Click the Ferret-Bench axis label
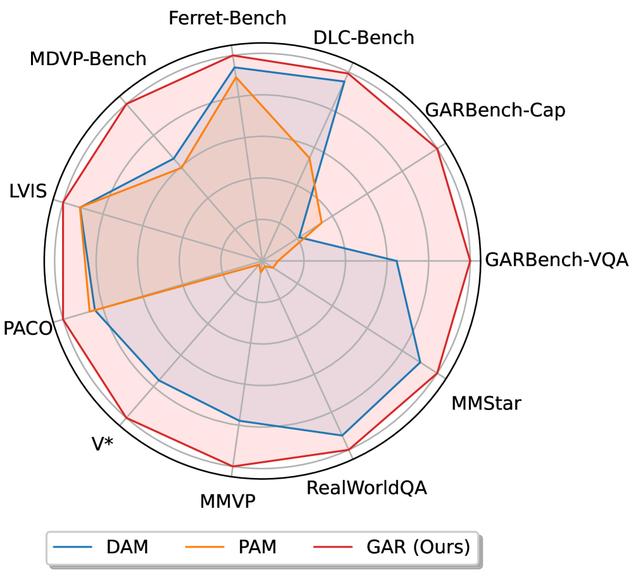pyautogui.click(x=227, y=18)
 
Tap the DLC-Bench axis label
pyautogui.click(x=364, y=38)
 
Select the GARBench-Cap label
pyautogui.click(x=495, y=110)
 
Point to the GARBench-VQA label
pyautogui.click(x=556, y=260)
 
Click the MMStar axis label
pyautogui.click(x=486, y=403)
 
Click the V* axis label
pyautogui.click(x=103, y=445)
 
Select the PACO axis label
pyautogui.click(x=27, y=329)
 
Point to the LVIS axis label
pyautogui.click(x=28, y=191)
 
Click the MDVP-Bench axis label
pyautogui.click(x=88, y=59)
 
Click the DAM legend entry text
pyautogui.click(x=128, y=547)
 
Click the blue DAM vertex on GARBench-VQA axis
pyautogui.click(x=397, y=260)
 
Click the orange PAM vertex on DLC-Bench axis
pyautogui.click(x=309, y=157)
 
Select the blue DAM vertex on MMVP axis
pyautogui.click(x=239, y=421)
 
